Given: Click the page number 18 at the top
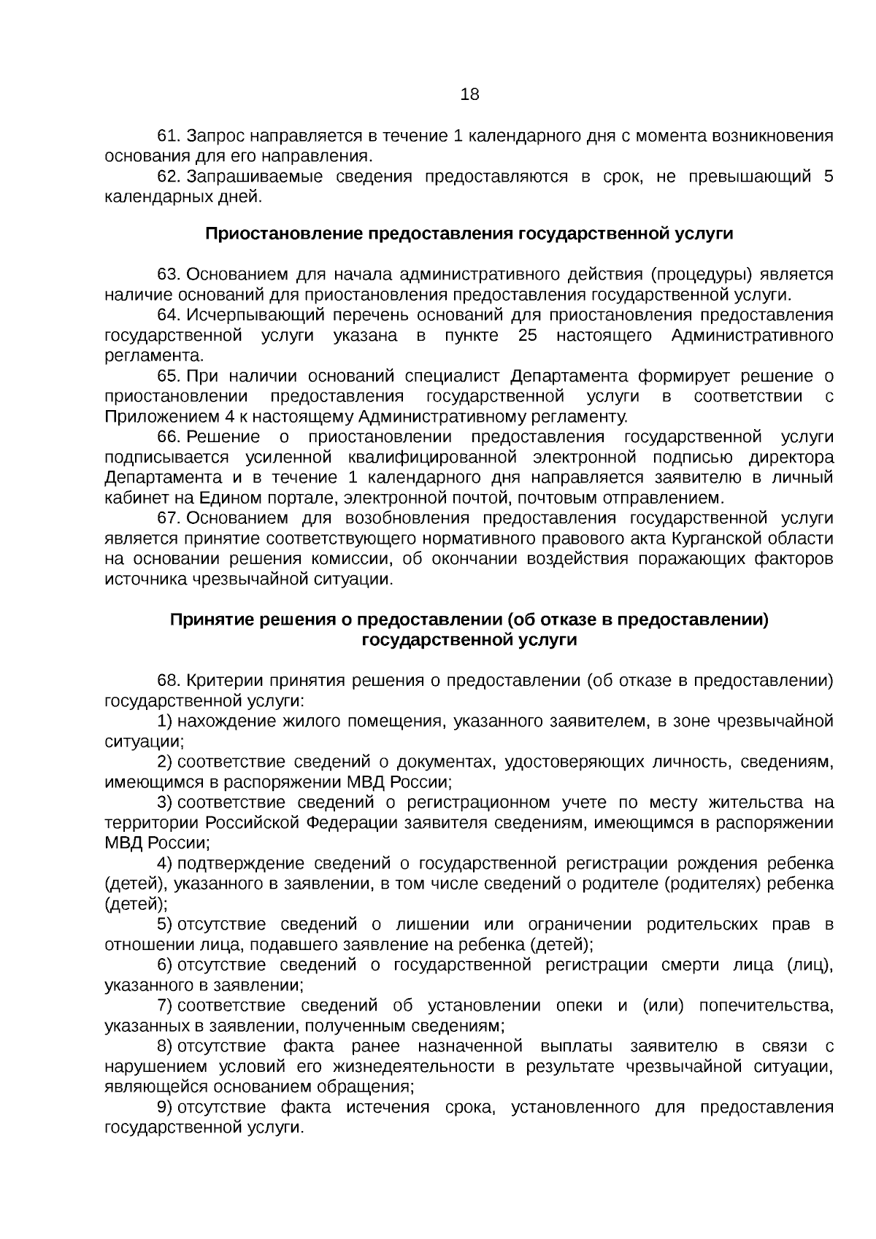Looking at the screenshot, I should pos(469,94).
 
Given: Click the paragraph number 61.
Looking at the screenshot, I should pos(169,136).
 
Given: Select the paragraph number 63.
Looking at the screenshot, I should pos(169,274).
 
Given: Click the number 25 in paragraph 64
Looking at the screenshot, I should pos(528,335).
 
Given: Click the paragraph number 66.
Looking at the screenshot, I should pos(169,436).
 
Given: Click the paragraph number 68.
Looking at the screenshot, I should pos(169,681).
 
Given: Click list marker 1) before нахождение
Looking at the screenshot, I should pos(164,721).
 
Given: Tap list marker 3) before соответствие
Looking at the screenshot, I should pos(164,803).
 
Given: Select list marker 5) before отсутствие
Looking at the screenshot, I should pos(164,925).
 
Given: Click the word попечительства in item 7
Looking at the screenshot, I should pos(766,1006).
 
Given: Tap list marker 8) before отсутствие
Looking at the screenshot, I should pos(164,1046).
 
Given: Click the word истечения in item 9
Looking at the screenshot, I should pos(388,1107).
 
